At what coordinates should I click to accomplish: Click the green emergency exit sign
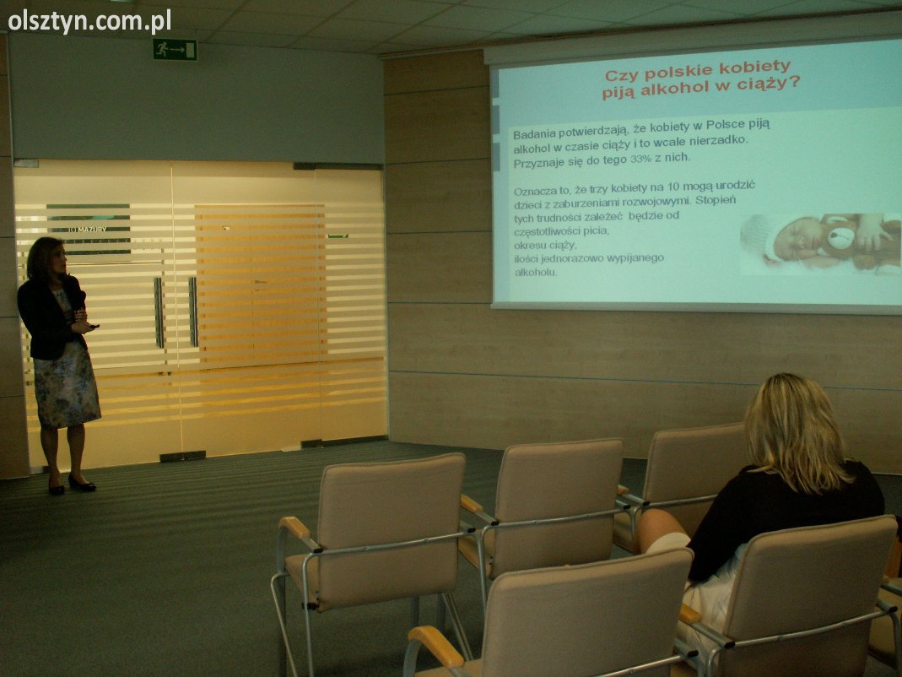[175, 50]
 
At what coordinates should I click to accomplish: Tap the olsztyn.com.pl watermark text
[89, 22]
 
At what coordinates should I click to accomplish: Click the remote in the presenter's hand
[94, 327]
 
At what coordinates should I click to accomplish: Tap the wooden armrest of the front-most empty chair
[435, 645]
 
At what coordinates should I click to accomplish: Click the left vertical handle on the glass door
[159, 312]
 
